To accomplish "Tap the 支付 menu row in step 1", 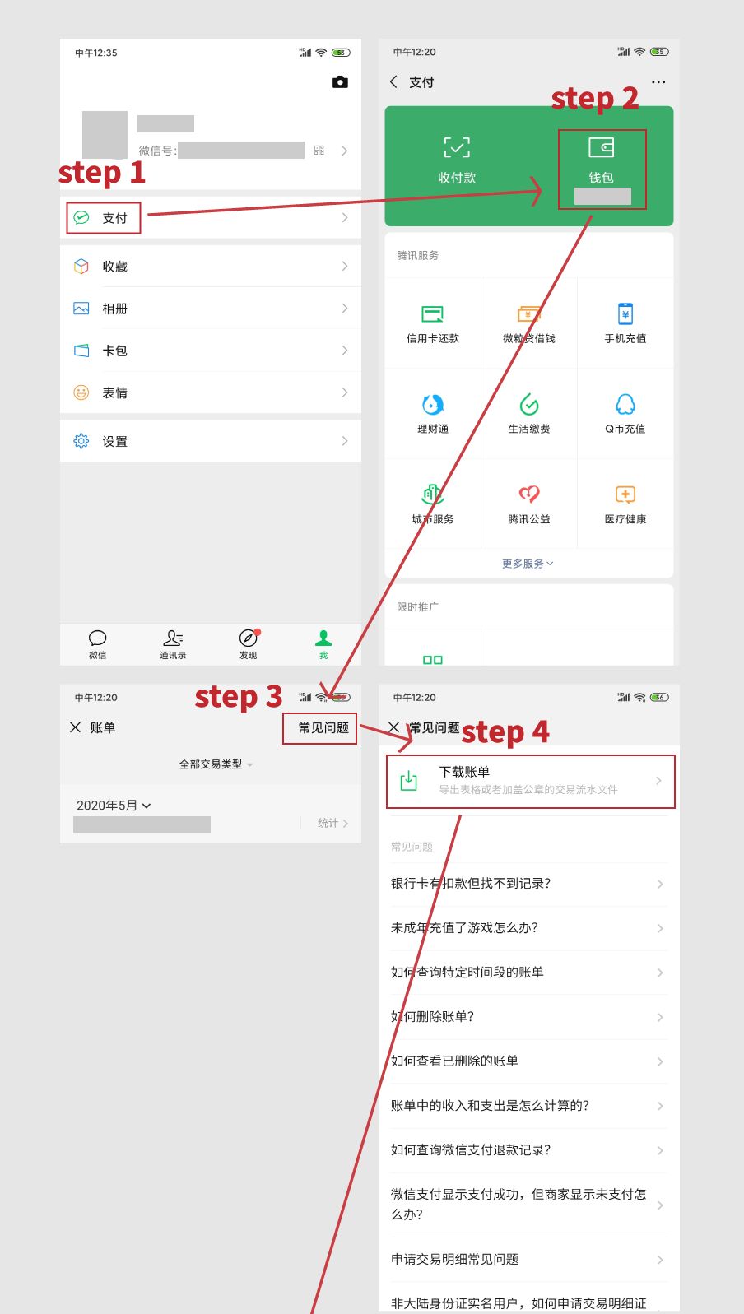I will [x=114, y=218].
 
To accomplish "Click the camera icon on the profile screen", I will [x=340, y=82].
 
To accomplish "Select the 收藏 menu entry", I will [x=114, y=267].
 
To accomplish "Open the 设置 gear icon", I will [x=81, y=441].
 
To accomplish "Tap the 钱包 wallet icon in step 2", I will [x=602, y=148].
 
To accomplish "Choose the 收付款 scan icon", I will [x=457, y=148].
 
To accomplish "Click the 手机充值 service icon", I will [x=625, y=314].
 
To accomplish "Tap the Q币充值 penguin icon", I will [x=625, y=405].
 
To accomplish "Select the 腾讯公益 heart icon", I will [x=529, y=494].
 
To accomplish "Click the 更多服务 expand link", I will [x=528, y=564].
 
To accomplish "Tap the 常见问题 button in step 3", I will [x=323, y=728].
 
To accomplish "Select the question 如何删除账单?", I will [x=433, y=1017].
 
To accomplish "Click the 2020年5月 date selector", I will [x=114, y=806].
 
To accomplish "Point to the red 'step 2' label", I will [x=594, y=98].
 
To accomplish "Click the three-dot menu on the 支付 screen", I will [x=658, y=82].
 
